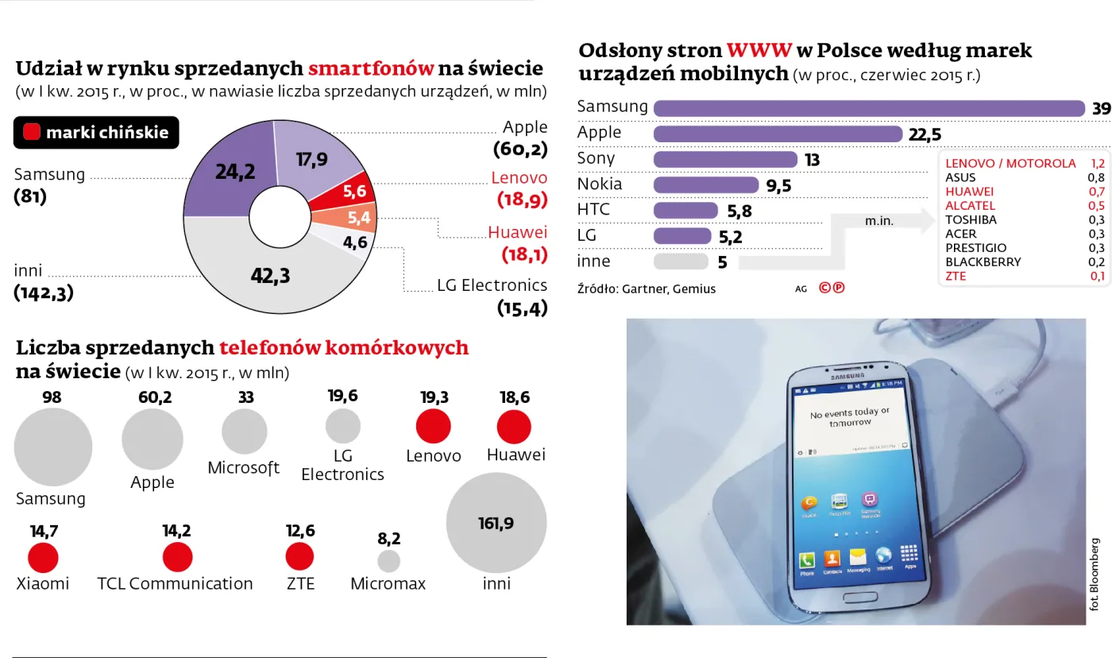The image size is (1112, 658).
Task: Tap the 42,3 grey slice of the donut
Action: coord(270,275)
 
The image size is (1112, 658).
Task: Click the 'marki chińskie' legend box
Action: coord(96,133)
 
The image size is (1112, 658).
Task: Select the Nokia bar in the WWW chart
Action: coord(705,185)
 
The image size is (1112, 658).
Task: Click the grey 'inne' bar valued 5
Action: coord(680,261)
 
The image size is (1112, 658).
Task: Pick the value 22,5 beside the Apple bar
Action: coord(925,134)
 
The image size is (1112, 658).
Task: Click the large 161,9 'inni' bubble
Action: coord(496,522)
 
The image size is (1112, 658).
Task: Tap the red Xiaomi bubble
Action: coord(43,558)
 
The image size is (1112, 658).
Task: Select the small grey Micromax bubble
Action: coord(388,561)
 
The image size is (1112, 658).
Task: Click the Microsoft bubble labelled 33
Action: coord(244,432)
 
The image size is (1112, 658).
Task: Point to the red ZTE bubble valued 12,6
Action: coord(299,557)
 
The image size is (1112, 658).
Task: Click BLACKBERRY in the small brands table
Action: coord(983,262)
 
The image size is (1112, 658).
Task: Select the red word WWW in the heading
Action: coord(759,51)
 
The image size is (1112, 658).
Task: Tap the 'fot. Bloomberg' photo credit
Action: coord(1095,574)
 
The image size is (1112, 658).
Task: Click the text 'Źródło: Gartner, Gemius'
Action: coord(646,289)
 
